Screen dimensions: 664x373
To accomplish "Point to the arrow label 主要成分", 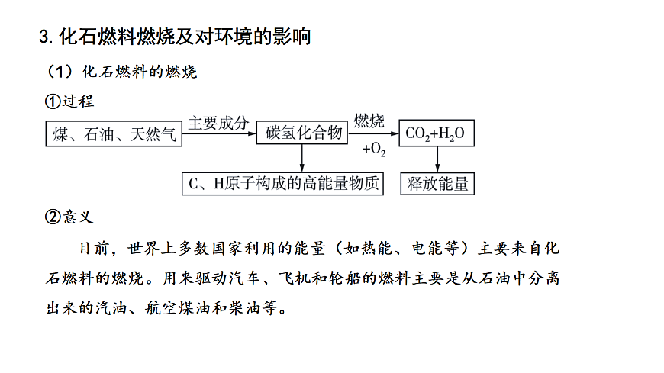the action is tap(218, 123).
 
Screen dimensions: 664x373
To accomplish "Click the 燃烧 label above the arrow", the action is tap(369, 121).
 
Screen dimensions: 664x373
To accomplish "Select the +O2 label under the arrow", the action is tap(374, 149).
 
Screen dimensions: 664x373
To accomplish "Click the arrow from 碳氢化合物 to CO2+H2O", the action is tap(373, 133).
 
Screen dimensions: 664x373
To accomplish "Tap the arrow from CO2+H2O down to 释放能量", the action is tap(437, 159).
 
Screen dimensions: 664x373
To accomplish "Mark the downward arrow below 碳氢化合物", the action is tap(302, 158).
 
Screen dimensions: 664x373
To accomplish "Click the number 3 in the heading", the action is tap(44, 37).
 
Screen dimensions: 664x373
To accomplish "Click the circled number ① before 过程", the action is tap(53, 101).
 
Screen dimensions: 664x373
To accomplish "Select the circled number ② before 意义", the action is tap(53, 217).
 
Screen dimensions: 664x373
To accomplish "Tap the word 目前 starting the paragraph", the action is tap(95, 248).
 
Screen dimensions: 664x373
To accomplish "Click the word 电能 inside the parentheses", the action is tap(427, 248).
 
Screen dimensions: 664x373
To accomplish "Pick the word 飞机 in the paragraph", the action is tap(295, 278).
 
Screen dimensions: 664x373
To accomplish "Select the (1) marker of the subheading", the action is tap(60, 72).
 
